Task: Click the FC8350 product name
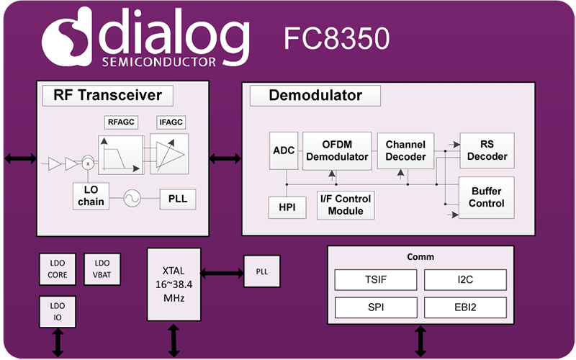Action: [x=336, y=38]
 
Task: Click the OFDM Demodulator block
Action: [x=336, y=150]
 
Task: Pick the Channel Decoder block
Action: [x=406, y=150]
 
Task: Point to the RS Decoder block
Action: [x=487, y=150]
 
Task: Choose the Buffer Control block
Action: [x=487, y=197]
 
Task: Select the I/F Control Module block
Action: [x=346, y=204]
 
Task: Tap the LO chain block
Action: [x=90, y=196]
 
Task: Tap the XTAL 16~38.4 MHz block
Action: [x=173, y=284]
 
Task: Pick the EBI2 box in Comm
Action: [x=464, y=307]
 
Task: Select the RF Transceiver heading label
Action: [x=107, y=95]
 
